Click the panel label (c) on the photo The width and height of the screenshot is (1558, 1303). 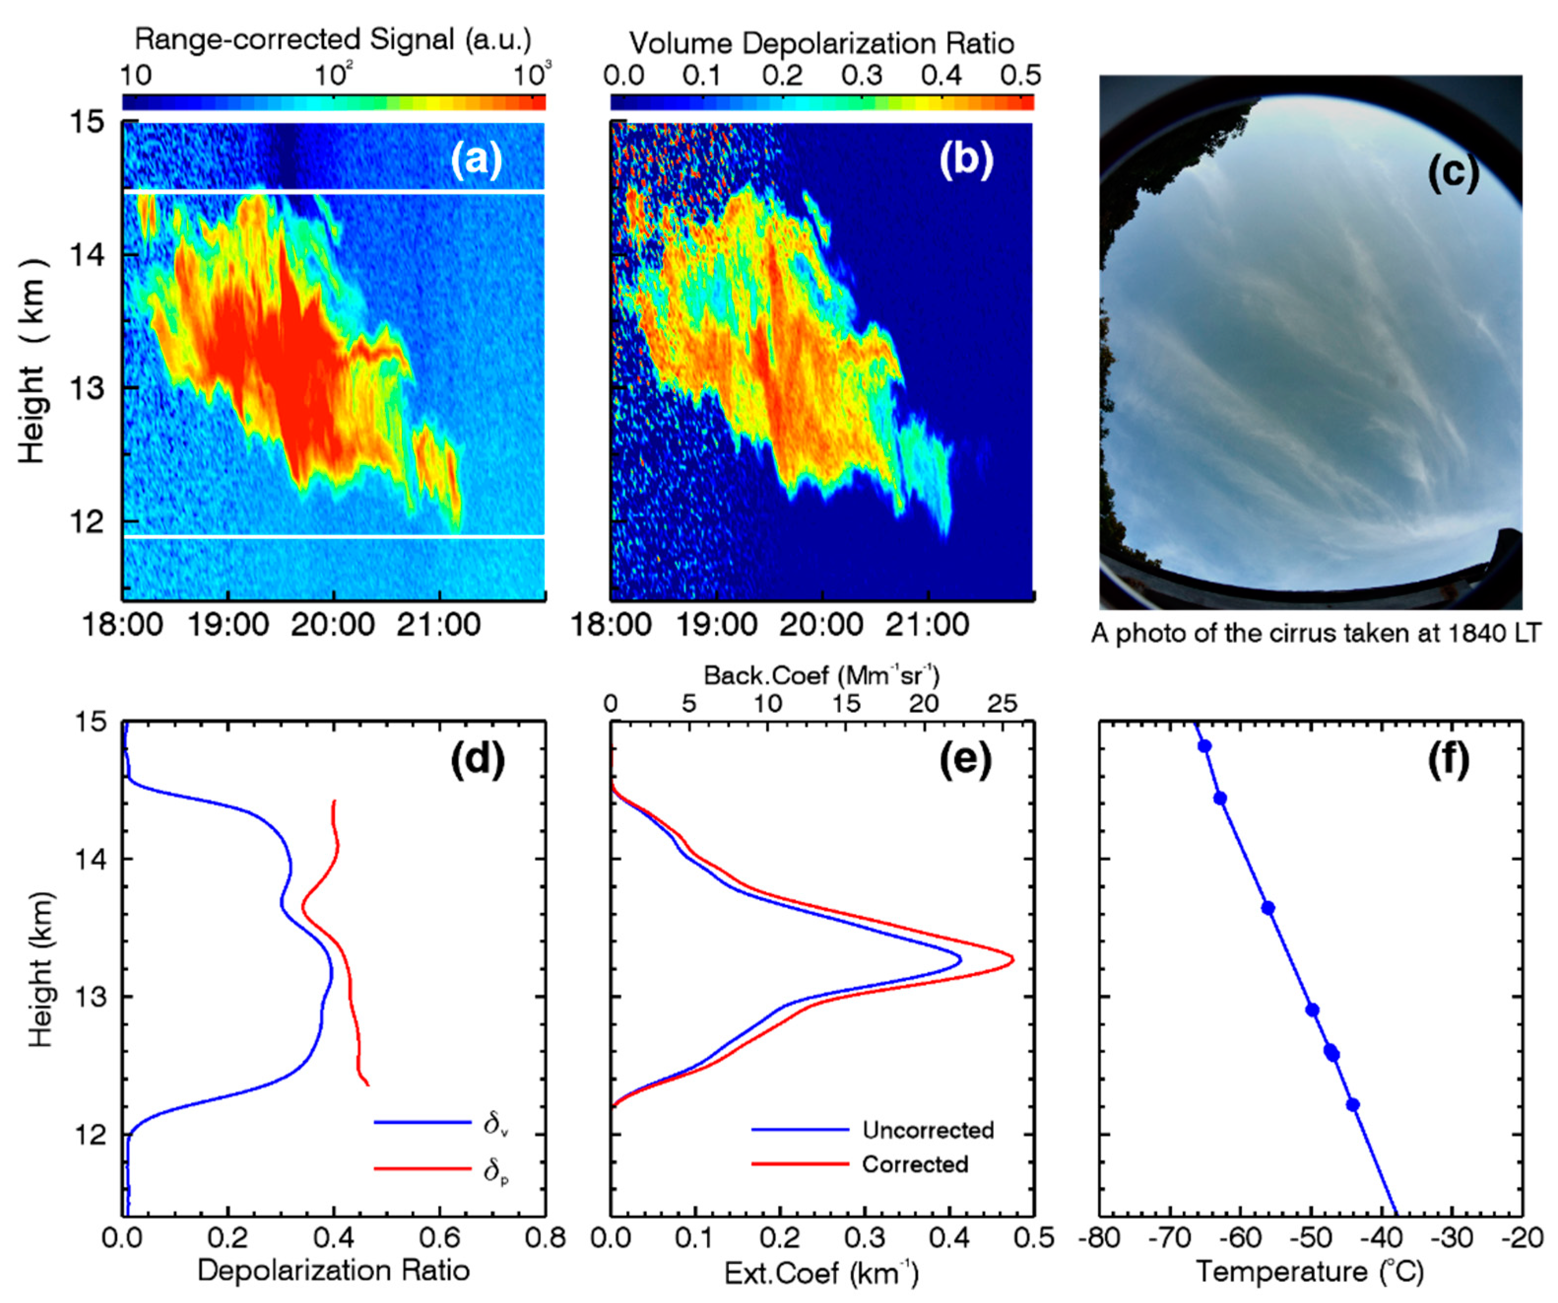point(1453,172)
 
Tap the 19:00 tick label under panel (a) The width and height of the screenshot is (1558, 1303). point(228,625)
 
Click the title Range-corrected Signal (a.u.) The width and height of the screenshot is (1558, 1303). point(333,39)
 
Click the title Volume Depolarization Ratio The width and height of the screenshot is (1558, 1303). point(822,44)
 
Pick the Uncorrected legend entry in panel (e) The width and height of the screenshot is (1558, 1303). point(927,1130)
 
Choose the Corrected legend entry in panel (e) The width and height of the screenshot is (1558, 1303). point(915,1164)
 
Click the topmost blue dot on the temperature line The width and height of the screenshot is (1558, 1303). point(1205,746)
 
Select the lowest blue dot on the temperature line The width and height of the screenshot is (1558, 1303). point(1353,1105)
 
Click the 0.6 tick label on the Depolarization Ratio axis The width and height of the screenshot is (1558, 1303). point(439,1238)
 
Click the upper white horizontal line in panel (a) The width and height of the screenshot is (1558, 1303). point(334,192)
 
